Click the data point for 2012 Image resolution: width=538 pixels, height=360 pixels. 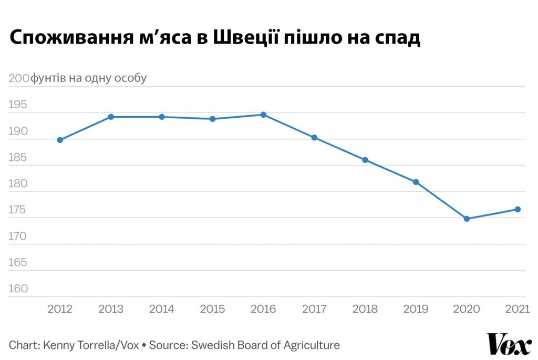click(x=60, y=140)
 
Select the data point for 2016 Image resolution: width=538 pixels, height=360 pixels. click(x=263, y=115)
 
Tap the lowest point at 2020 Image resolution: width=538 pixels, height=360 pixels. click(x=467, y=219)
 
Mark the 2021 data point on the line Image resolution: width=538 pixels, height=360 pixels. click(x=518, y=209)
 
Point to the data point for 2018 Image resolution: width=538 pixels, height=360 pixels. click(x=365, y=160)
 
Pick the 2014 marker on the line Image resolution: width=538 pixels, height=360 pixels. click(x=162, y=117)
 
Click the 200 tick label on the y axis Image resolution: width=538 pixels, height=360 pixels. click(x=19, y=78)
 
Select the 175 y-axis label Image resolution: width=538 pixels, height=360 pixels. click(x=17, y=210)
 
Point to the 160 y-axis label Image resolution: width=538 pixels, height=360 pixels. click(x=18, y=289)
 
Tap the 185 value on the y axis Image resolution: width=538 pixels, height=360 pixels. click(x=17, y=157)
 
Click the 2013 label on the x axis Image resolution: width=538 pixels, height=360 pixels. click(x=111, y=309)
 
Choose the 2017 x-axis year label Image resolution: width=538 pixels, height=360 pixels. click(x=314, y=309)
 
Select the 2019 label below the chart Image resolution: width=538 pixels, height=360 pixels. click(x=416, y=309)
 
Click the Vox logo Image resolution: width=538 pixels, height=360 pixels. click(x=509, y=344)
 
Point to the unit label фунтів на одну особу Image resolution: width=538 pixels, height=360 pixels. click(x=88, y=78)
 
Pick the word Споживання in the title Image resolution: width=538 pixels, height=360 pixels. click(x=71, y=37)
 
